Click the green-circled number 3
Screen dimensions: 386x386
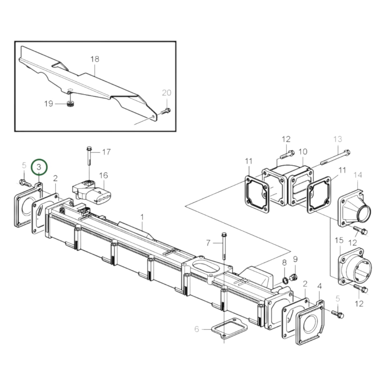pos(39,167)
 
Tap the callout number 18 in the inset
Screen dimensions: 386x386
pos(95,59)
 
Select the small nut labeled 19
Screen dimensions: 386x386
pos(70,104)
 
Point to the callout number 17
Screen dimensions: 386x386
pos(106,152)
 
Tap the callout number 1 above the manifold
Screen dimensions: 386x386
pos(142,217)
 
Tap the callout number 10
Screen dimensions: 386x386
pos(303,152)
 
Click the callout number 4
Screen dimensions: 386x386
pos(319,287)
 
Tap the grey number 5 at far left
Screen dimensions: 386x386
pos(24,166)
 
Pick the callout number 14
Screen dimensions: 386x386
pos(358,175)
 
